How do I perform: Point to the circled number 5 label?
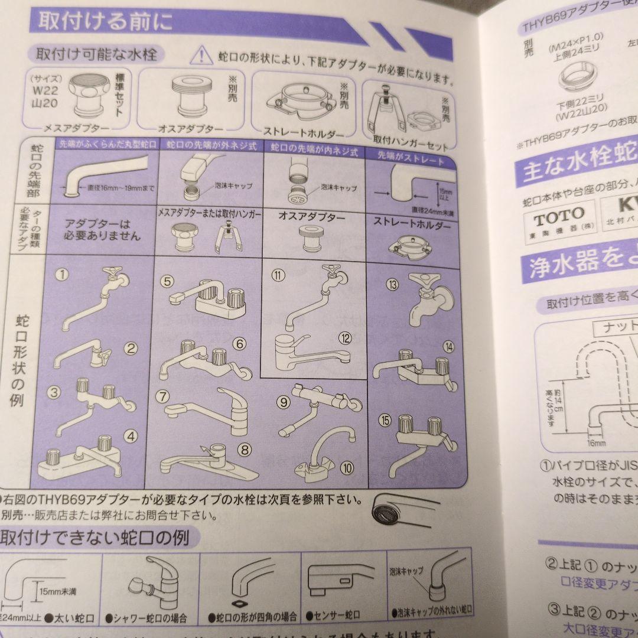(x=168, y=282)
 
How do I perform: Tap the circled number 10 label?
(x=347, y=467)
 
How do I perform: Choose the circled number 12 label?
(x=346, y=338)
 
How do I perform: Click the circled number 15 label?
(x=386, y=421)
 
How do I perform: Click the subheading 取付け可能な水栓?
(x=96, y=55)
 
